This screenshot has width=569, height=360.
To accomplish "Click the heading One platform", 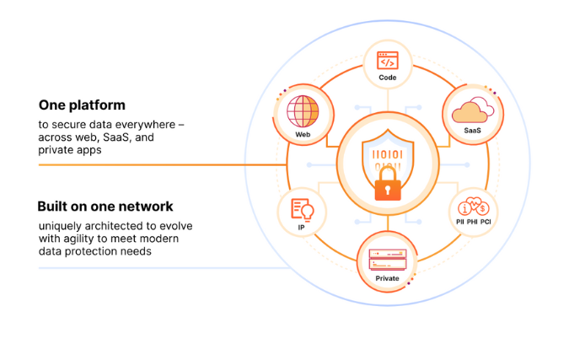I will tap(82, 105).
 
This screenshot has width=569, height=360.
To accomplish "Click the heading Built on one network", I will tap(105, 207).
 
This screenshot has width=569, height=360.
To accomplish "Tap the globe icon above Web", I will tap(303, 112).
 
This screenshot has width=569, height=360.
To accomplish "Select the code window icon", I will tap(387, 61).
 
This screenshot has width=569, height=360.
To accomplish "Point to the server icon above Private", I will tap(387, 258).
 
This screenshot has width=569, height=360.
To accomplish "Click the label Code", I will tap(387, 78).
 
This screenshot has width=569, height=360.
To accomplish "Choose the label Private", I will tap(387, 277).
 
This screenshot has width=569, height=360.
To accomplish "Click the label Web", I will tap(303, 135).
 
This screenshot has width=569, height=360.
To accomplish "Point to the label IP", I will tap(301, 228).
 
